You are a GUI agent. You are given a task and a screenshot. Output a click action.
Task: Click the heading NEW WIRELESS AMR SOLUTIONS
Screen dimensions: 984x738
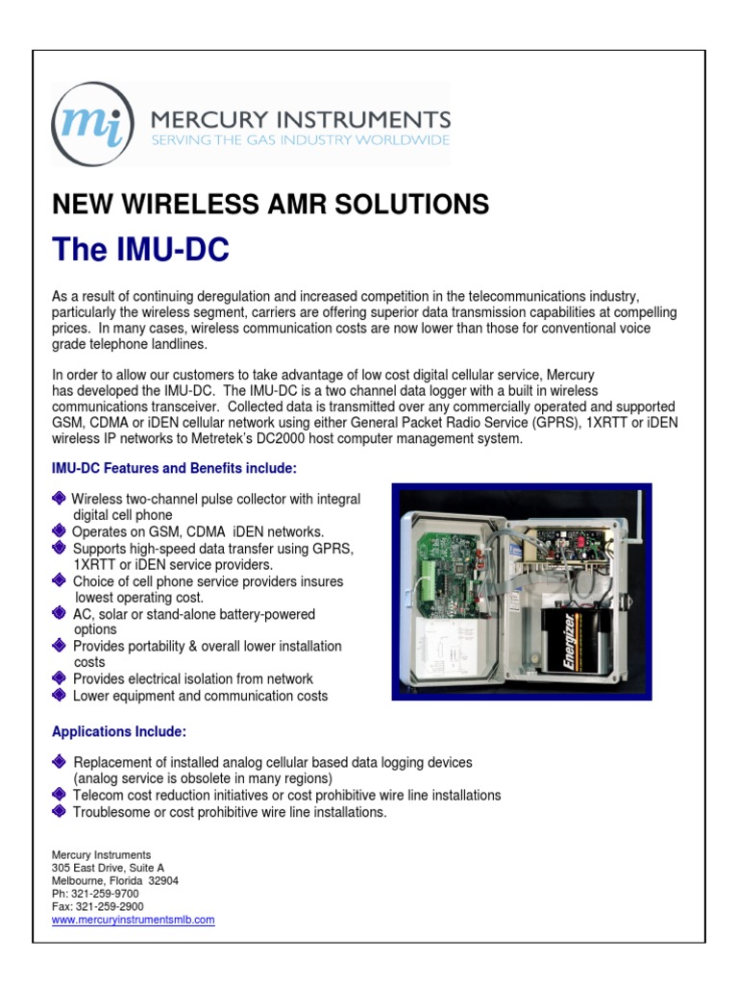(x=270, y=204)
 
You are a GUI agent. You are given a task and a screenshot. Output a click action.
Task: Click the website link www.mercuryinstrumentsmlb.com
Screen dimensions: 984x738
(x=133, y=920)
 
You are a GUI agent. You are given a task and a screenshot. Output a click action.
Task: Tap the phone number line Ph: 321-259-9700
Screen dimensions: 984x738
(x=95, y=893)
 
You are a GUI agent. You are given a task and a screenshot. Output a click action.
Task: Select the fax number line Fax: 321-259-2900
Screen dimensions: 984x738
(x=97, y=906)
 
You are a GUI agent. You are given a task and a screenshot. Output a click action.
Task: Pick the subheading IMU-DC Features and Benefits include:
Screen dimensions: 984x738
(x=174, y=468)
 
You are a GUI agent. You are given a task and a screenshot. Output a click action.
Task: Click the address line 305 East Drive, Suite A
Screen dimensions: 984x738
(x=114, y=868)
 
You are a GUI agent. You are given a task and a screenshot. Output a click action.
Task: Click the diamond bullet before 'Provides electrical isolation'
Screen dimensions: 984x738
(x=60, y=678)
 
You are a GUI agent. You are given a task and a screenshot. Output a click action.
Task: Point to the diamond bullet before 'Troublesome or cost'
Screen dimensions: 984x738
(x=60, y=812)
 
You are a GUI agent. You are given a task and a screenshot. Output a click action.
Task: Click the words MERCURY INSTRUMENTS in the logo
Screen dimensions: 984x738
(x=301, y=119)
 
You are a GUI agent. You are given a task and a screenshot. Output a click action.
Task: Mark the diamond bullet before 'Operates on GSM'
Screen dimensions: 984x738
(x=60, y=531)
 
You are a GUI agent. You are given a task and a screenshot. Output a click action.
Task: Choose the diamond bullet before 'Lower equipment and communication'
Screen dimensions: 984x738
(x=60, y=695)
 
